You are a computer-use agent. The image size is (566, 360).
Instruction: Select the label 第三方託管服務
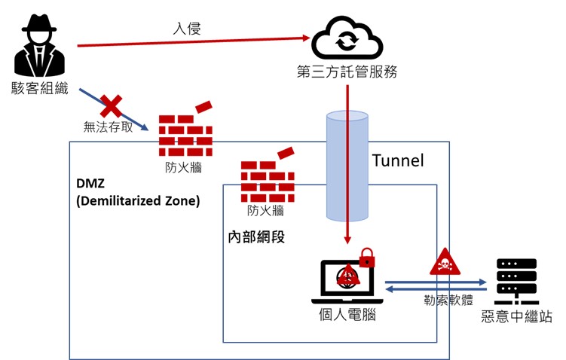pyautogui.click(x=347, y=73)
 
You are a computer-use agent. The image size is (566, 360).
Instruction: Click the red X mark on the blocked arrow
pyautogui.click(x=112, y=105)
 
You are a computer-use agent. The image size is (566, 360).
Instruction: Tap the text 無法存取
pyautogui.click(x=109, y=127)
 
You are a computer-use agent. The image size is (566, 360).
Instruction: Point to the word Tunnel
pyautogui.click(x=399, y=160)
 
